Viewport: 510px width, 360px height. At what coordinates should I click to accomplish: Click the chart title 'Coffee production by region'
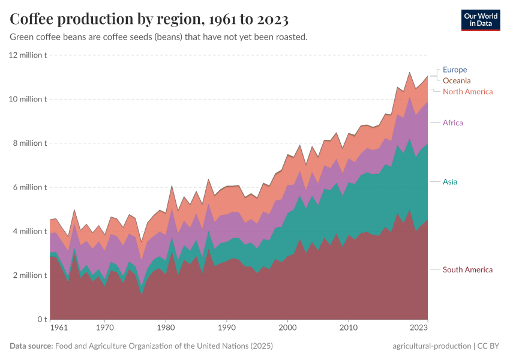pyautogui.click(x=149, y=20)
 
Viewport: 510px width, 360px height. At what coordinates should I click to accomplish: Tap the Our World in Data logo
pyautogui.click(x=480, y=20)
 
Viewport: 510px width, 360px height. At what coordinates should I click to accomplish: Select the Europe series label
pyautogui.click(x=454, y=70)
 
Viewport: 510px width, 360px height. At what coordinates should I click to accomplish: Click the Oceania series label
pyautogui.click(x=456, y=80)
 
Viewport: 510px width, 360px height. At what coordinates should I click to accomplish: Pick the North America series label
pyautogui.click(x=467, y=92)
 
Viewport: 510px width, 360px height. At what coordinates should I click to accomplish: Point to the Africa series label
pyautogui.click(x=452, y=123)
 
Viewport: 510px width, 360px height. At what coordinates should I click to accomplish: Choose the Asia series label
pyautogui.click(x=450, y=182)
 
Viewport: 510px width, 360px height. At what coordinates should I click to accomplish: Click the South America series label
pyautogui.click(x=467, y=270)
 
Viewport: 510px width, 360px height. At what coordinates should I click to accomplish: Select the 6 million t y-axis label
pyautogui.click(x=29, y=187)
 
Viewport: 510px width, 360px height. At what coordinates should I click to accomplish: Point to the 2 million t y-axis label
pyautogui.click(x=29, y=275)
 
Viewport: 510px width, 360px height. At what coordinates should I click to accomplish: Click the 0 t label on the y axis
pyautogui.click(x=41, y=319)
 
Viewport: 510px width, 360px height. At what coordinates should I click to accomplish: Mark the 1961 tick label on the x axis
pyautogui.click(x=59, y=328)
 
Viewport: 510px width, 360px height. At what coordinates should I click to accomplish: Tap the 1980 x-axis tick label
pyautogui.click(x=166, y=328)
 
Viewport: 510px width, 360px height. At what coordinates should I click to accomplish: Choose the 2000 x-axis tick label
pyautogui.click(x=288, y=328)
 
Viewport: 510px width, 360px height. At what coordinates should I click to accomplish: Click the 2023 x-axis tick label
pyautogui.click(x=419, y=328)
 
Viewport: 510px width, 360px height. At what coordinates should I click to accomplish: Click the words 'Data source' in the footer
pyautogui.click(x=31, y=346)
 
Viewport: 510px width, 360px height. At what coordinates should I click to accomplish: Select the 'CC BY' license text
pyautogui.click(x=488, y=346)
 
